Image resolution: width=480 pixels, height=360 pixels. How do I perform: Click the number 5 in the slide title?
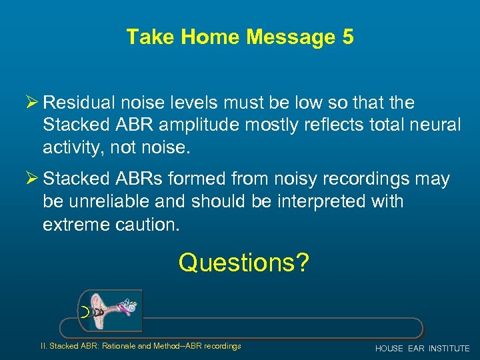[347, 37]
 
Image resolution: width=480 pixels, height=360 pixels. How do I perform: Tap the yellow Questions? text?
[243, 263]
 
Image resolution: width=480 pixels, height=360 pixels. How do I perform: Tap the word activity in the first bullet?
[71, 147]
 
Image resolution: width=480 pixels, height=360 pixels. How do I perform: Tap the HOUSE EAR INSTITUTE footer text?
[422, 349]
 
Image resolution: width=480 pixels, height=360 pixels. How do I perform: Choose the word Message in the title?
[291, 37]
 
